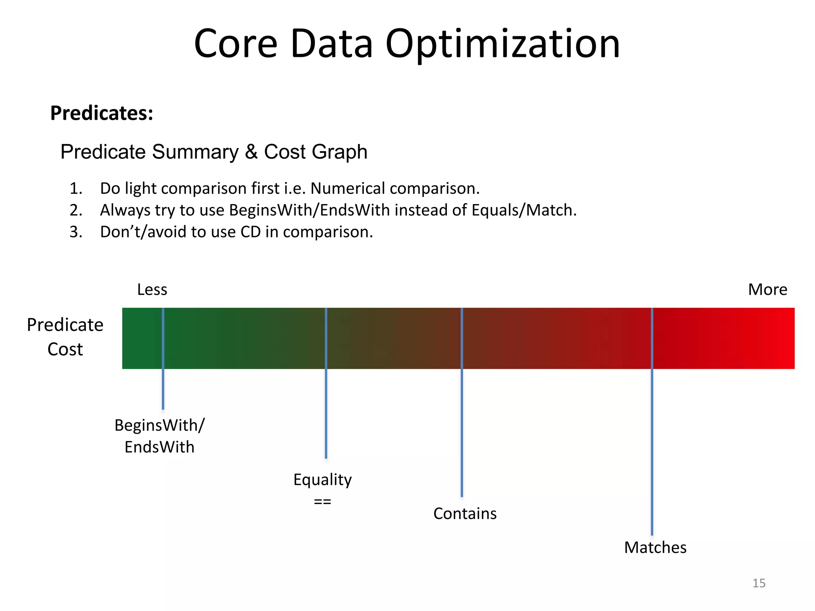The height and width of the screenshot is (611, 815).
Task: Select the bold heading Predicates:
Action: pos(101,113)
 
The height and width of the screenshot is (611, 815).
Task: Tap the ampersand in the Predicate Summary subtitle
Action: pos(251,152)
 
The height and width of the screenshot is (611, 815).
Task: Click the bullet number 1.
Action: pos(75,189)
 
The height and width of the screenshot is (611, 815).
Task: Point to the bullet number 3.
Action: pos(75,232)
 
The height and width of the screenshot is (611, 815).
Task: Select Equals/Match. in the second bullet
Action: pos(524,210)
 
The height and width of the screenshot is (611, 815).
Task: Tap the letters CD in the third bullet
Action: pos(251,232)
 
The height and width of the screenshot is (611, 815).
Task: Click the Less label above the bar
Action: pos(152,290)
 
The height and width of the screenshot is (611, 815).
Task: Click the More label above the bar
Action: pos(767,290)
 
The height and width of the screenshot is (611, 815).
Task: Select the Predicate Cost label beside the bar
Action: pos(65,337)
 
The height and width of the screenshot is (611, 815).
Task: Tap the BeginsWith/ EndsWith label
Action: pos(159,436)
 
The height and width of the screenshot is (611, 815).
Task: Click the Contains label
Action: pos(465,514)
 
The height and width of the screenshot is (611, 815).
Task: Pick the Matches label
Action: pos(655,548)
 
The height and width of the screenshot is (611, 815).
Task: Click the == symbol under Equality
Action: pos(322,502)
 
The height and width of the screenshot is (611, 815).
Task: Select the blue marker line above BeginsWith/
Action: pos(163,390)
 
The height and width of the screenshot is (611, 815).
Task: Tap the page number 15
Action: pos(758,583)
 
